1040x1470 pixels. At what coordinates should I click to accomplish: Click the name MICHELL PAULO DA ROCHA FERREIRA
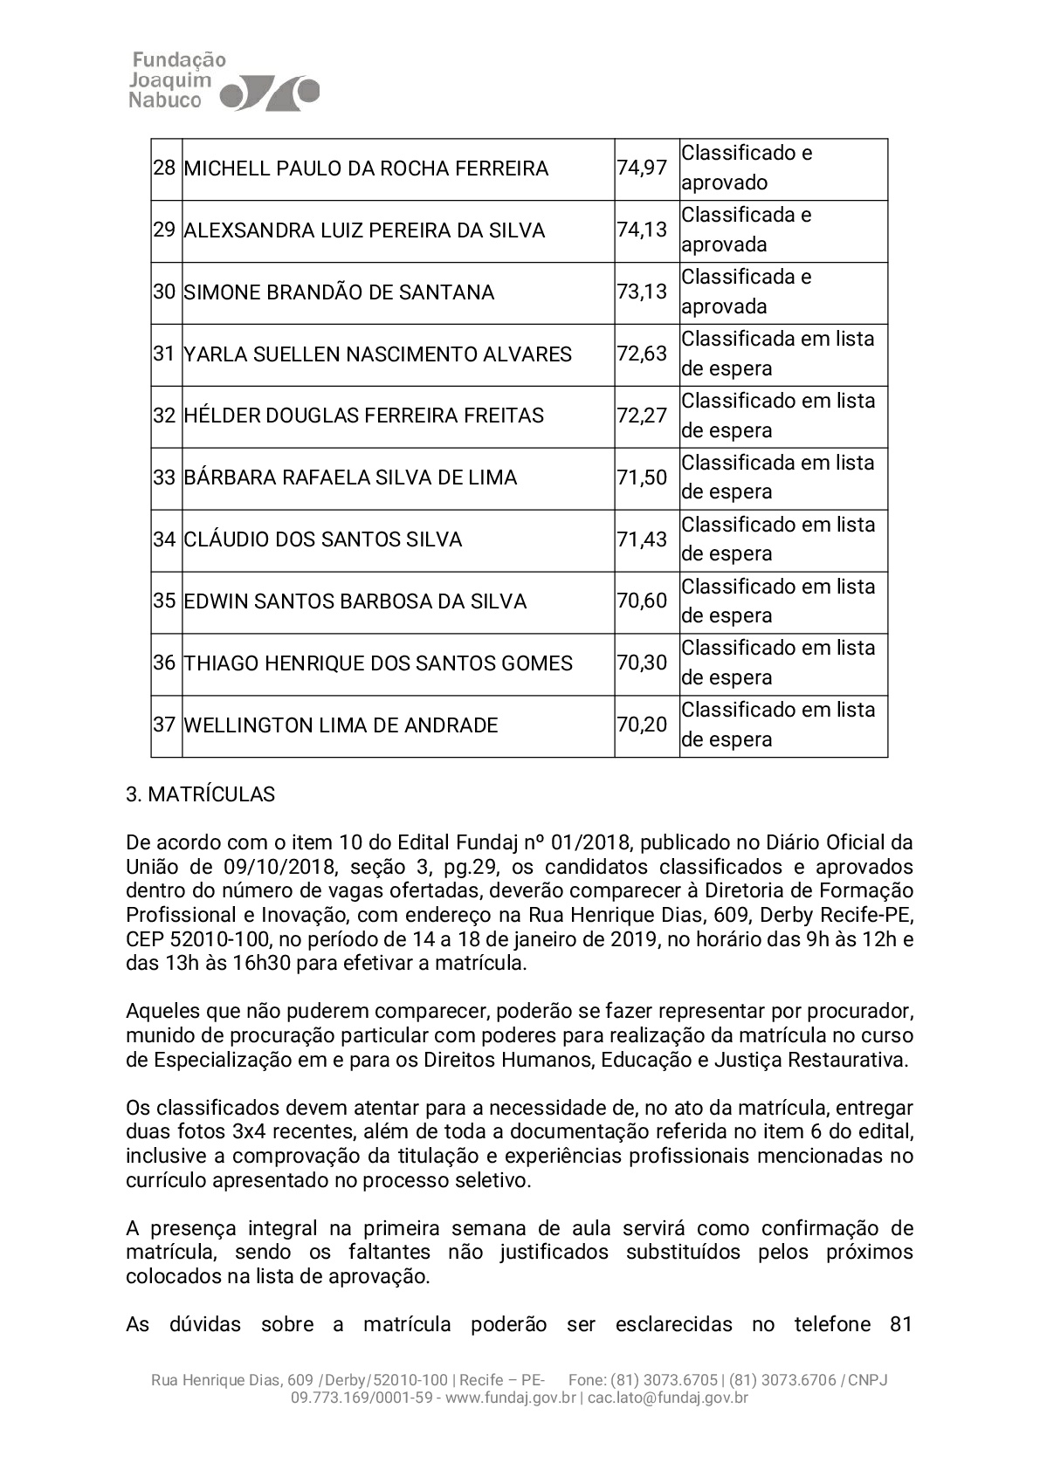pyautogui.click(x=366, y=168)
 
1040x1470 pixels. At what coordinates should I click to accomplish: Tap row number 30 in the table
pyautogui.click(x=164, y=292)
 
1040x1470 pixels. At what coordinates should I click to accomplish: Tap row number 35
pyautogui.click(x=164, y=601)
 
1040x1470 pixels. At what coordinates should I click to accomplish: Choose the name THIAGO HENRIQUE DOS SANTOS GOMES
pyautogui.click(x=377, y=663)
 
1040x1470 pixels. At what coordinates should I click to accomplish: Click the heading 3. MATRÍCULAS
pyautogui.click(x=201, y=794)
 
